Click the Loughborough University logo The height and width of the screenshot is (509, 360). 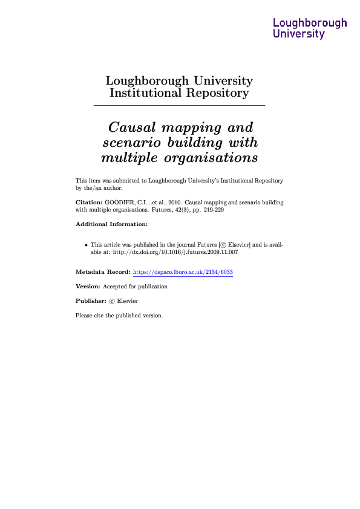[x=310, y=28]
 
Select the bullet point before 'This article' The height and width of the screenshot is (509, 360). [x=85, y=245]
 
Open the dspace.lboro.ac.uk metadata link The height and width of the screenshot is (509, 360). [x=182, y=272]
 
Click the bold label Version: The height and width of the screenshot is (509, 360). [x=88, y=287]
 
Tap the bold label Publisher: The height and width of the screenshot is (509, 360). [x=90, y=300]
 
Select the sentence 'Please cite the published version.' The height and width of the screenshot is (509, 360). [x=119, y=315]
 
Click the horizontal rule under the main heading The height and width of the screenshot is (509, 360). [x=180, y=106]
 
